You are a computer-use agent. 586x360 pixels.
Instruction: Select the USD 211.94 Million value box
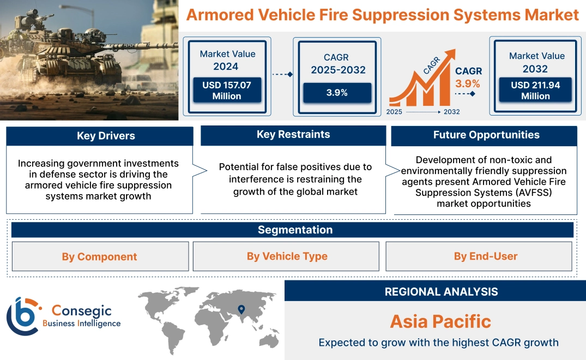[x=535, y=91]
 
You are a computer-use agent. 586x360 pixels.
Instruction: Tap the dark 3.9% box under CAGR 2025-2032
[x=337, y=93]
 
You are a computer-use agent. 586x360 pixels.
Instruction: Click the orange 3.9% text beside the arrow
[x=468, y=83]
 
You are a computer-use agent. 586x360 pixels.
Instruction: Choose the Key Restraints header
[x=293, y=135]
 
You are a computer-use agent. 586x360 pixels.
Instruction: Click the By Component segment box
[x=99, y=256]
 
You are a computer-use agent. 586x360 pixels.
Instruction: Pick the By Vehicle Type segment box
[x=287, y=256]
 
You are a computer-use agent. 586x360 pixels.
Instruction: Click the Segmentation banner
[x=294, y=230]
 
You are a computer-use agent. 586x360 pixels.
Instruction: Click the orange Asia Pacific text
[x=440, y=321]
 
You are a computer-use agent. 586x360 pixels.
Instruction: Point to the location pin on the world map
[x=240, y=310]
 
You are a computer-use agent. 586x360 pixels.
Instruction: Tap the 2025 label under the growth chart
[x=395, y=112]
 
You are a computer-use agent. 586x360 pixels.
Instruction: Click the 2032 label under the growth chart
[x=451, y=112]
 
